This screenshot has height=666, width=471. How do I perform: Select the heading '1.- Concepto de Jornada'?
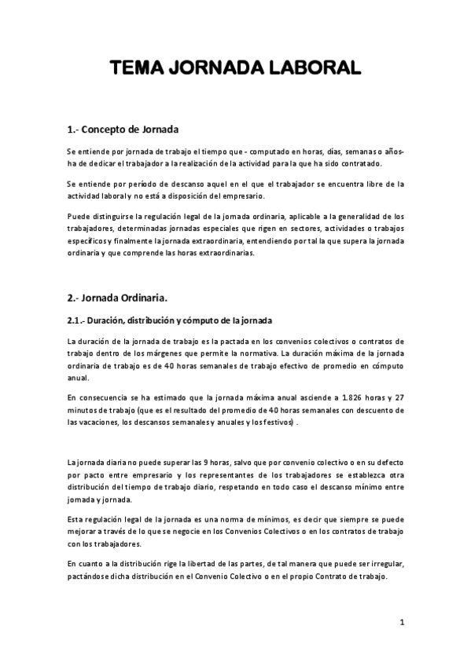(123, 129)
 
